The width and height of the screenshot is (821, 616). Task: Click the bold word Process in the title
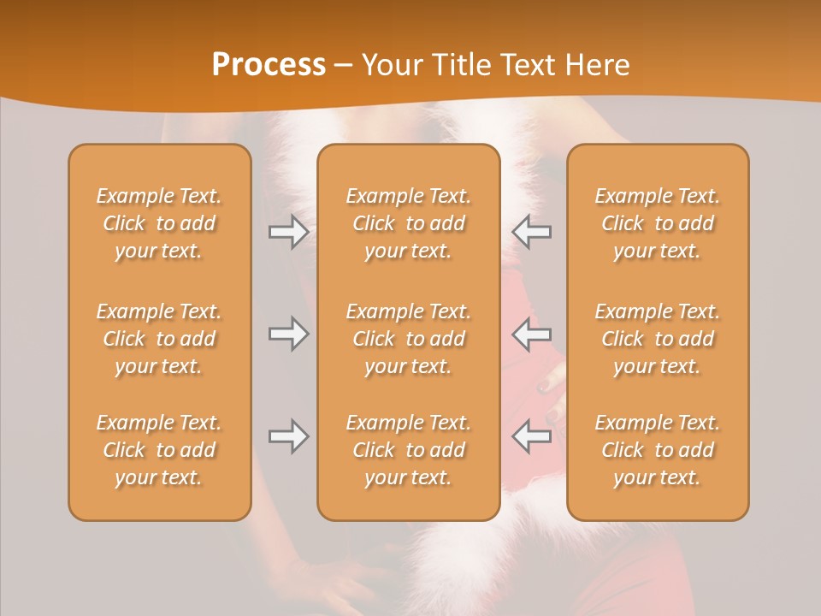[x=269, y=65]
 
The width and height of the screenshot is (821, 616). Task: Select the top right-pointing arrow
[x=288, y=232]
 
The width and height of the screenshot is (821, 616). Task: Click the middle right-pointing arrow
[x=288, y=334]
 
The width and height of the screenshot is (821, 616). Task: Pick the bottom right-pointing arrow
[x=288, y=436]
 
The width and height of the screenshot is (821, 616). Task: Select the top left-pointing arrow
[x=532, y=232]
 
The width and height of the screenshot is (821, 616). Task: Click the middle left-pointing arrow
[x=532, y=334]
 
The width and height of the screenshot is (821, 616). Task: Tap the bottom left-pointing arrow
[x=532, y=436]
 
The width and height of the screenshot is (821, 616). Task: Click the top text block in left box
[x=159, y=223]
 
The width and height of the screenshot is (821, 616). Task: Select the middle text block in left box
[x=159, y=339]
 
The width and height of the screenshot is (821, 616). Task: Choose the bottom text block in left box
[x=159, y=450]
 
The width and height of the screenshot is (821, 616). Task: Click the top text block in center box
[x=409, y=223]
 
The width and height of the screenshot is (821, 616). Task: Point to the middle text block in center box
[x=409, y=339]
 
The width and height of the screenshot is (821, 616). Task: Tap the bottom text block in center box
[x=409, y=450]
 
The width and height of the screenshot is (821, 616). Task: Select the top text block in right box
[x=658, y=223]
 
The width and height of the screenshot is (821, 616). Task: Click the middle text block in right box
[x=658, y=339]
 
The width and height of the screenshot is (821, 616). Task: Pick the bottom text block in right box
[x=658, y=450]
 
